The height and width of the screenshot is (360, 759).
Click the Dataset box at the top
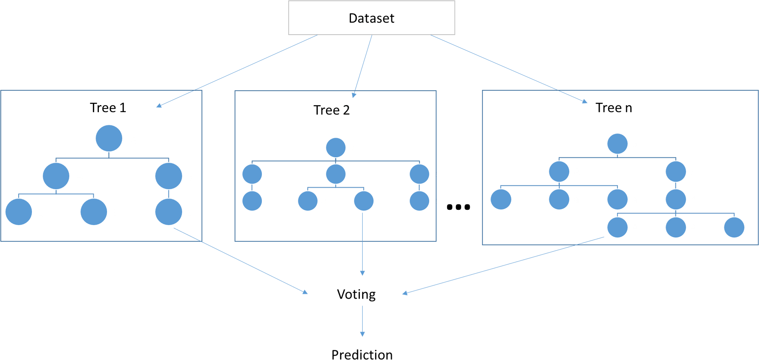point(372,18)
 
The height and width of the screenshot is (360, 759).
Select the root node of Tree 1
point(109,138)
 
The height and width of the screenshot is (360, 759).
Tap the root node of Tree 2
point(336,148)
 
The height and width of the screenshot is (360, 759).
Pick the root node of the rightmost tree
point(617,144)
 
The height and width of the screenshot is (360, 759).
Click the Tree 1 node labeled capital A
point(56,176)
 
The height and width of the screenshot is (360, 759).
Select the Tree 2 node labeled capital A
point(252,174)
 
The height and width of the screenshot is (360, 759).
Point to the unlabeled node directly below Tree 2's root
point(336,174)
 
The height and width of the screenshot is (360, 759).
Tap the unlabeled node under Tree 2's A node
point(252,201)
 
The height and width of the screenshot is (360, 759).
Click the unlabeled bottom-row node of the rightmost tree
point(734,227)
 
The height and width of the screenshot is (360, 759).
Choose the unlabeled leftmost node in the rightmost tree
point(501,200)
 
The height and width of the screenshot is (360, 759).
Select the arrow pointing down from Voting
point(363,321)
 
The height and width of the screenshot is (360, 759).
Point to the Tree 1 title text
point(109,108)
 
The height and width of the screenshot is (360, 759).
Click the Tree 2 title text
point(334,110)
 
